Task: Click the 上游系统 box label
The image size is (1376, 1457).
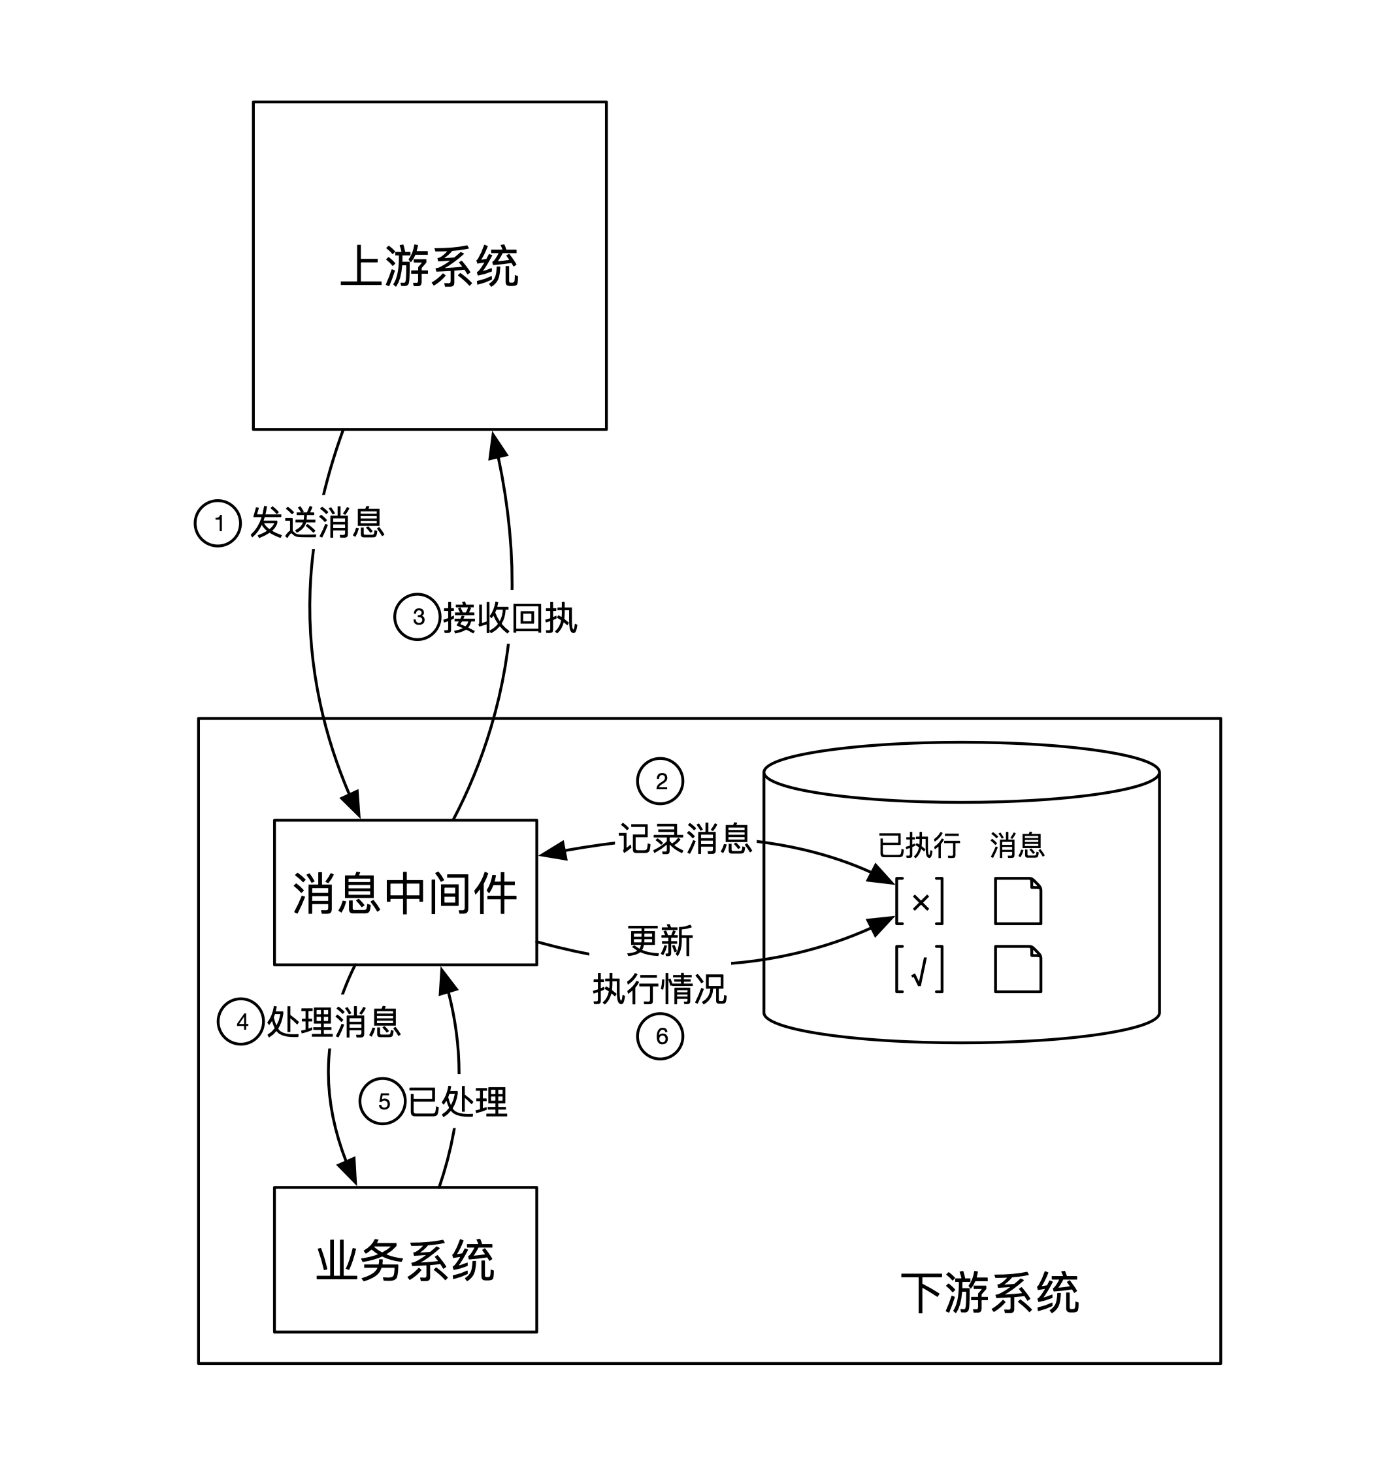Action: pos(430,265)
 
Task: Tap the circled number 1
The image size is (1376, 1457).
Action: pos(217,523)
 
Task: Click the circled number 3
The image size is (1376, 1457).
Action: pos(418,617)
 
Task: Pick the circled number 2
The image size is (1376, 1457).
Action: pos(660,781)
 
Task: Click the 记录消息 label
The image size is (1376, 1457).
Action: pos(685,838)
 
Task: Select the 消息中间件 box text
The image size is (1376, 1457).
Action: pos(405,894)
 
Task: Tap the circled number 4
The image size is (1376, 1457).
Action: pos(241,1022)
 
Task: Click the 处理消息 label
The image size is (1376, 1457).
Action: pos(334,1022)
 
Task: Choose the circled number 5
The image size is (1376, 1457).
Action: pos(382,1101)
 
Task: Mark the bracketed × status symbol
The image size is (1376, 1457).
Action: pos(920,902)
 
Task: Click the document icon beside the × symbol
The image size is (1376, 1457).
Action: pos(1018,901)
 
